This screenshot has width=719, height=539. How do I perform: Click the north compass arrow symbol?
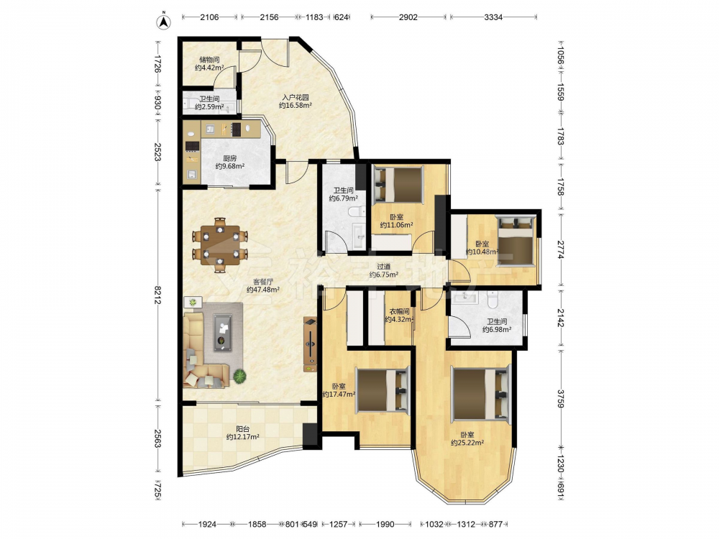coord(164,22)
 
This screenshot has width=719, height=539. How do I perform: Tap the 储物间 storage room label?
coord(209,60)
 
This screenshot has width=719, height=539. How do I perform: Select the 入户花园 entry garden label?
coord(296,97)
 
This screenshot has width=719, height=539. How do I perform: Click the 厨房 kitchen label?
coord(230,158)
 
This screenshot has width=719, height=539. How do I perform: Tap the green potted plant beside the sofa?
coord(239,377)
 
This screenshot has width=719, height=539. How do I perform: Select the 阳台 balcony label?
coord(242,429)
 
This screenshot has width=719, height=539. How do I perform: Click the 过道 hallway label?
coord(384,267)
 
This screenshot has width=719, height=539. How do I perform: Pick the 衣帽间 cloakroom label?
coord(399,311)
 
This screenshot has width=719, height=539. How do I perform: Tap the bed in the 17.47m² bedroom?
coord(383,390)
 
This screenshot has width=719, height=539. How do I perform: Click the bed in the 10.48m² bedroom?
coord(516,241)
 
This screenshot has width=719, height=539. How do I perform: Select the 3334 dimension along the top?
coord(493,17)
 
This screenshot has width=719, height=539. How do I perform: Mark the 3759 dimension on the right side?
coord(560,399)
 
